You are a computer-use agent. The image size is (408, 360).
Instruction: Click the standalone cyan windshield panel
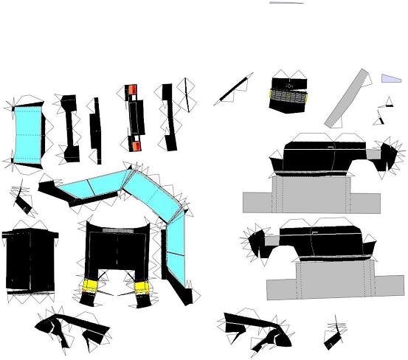[x=29, y=131]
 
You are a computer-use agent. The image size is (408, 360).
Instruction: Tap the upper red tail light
[x=133, y=91]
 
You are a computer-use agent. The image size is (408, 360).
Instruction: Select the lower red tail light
[x=136, y=145]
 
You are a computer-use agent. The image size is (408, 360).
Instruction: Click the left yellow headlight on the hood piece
[x=91, y=285]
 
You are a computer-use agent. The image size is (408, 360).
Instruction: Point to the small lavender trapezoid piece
[x=390, y=78]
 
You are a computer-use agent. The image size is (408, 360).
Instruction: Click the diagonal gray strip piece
[x=346, y=99]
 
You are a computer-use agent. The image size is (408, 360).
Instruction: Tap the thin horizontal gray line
[x=286, y=3]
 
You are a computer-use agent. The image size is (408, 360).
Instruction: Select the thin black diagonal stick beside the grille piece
[x=235, y=89]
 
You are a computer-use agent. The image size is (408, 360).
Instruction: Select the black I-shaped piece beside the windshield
[x=70, y=127]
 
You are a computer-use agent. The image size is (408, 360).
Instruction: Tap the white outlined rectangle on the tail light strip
[x=135, y=117]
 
